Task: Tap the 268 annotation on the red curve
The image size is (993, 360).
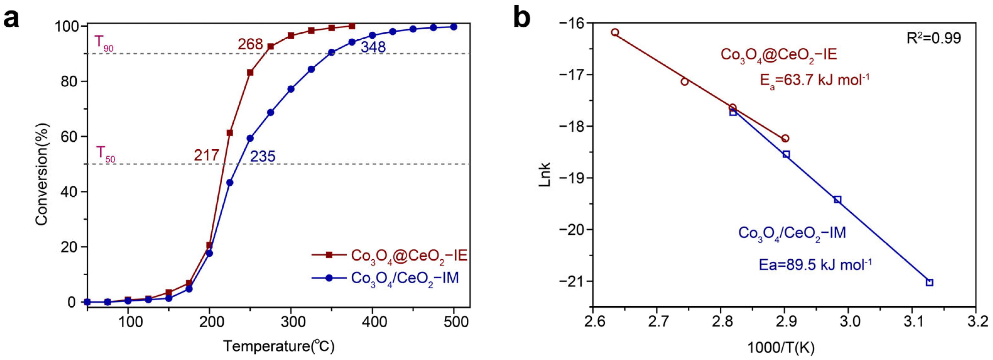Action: coord(250,45)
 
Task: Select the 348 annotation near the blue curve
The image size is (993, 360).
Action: coord(373,47)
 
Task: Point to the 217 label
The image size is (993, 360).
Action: coord(206,155)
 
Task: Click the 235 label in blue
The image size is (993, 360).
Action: coord(263,156)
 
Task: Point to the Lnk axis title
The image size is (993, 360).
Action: coord(544,175)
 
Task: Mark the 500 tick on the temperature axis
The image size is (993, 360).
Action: coord(454,321)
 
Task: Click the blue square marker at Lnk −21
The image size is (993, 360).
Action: coord(929,282)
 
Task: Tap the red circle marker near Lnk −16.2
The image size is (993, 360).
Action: coord(615,32)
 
